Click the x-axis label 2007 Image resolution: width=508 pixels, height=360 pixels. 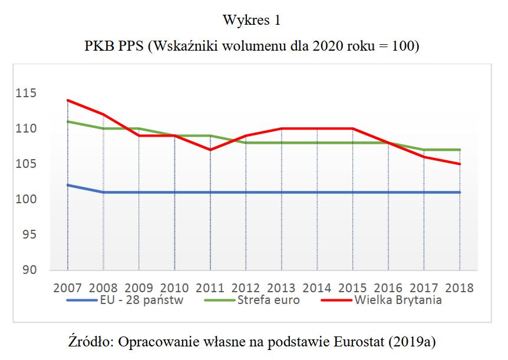[x=68, y=288]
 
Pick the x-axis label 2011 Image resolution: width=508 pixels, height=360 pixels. [x=210, y=288]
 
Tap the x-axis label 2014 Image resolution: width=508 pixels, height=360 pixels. [x=317, y=288]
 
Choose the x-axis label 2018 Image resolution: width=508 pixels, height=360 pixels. [x=459, y=288]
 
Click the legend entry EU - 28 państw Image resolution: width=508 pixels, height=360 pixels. [x=135, y=300]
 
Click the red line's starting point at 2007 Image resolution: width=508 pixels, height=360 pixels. [x=68, y=100]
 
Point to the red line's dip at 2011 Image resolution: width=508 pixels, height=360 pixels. [x=210, y=150]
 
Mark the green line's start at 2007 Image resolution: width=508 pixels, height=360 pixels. [x=68, y=121]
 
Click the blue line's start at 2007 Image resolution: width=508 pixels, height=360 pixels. [x=68, y=185]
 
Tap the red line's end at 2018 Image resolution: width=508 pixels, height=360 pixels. [x=460, y=164]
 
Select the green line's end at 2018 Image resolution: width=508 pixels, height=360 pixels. [x=460, y=150]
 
